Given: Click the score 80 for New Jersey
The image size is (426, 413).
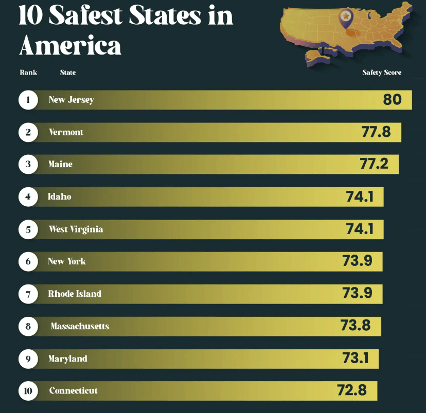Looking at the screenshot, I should (392, 99).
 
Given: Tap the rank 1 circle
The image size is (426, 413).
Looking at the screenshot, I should (28, 100).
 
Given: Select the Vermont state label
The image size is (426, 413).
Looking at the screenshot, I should (66, 132).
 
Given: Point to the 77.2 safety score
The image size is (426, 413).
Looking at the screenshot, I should (378, 164).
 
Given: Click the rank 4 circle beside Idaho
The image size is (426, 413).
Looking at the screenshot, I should (28, 196).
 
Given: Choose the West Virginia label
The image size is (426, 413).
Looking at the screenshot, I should (76, 229).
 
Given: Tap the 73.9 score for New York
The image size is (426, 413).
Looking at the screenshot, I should (357, 261).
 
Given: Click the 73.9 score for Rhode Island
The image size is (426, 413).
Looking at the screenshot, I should (357, 293).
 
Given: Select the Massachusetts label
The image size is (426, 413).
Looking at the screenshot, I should (80, 326).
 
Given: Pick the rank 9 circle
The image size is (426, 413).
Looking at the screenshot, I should (28, 358).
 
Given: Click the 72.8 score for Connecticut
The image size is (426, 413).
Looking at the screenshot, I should (352, 390).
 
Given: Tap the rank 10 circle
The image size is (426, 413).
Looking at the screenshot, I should (28, 391).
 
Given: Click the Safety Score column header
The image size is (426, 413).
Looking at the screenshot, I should (381, 73).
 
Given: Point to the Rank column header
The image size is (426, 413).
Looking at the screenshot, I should (28, 73).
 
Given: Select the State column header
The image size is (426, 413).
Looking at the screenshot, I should (67, 73).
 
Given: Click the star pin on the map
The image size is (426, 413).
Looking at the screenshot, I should (346, 16).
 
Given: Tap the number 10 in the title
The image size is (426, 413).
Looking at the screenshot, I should (31, 15).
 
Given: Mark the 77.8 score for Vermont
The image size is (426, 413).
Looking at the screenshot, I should (376, 132).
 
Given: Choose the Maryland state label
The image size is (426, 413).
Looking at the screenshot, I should (67, 358).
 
